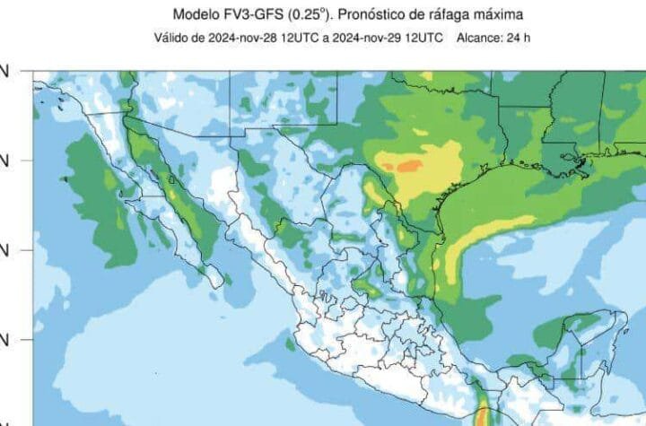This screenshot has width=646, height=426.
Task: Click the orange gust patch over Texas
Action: click(407, 166)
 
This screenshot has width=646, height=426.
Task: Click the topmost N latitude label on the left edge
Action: click(4, 71)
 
